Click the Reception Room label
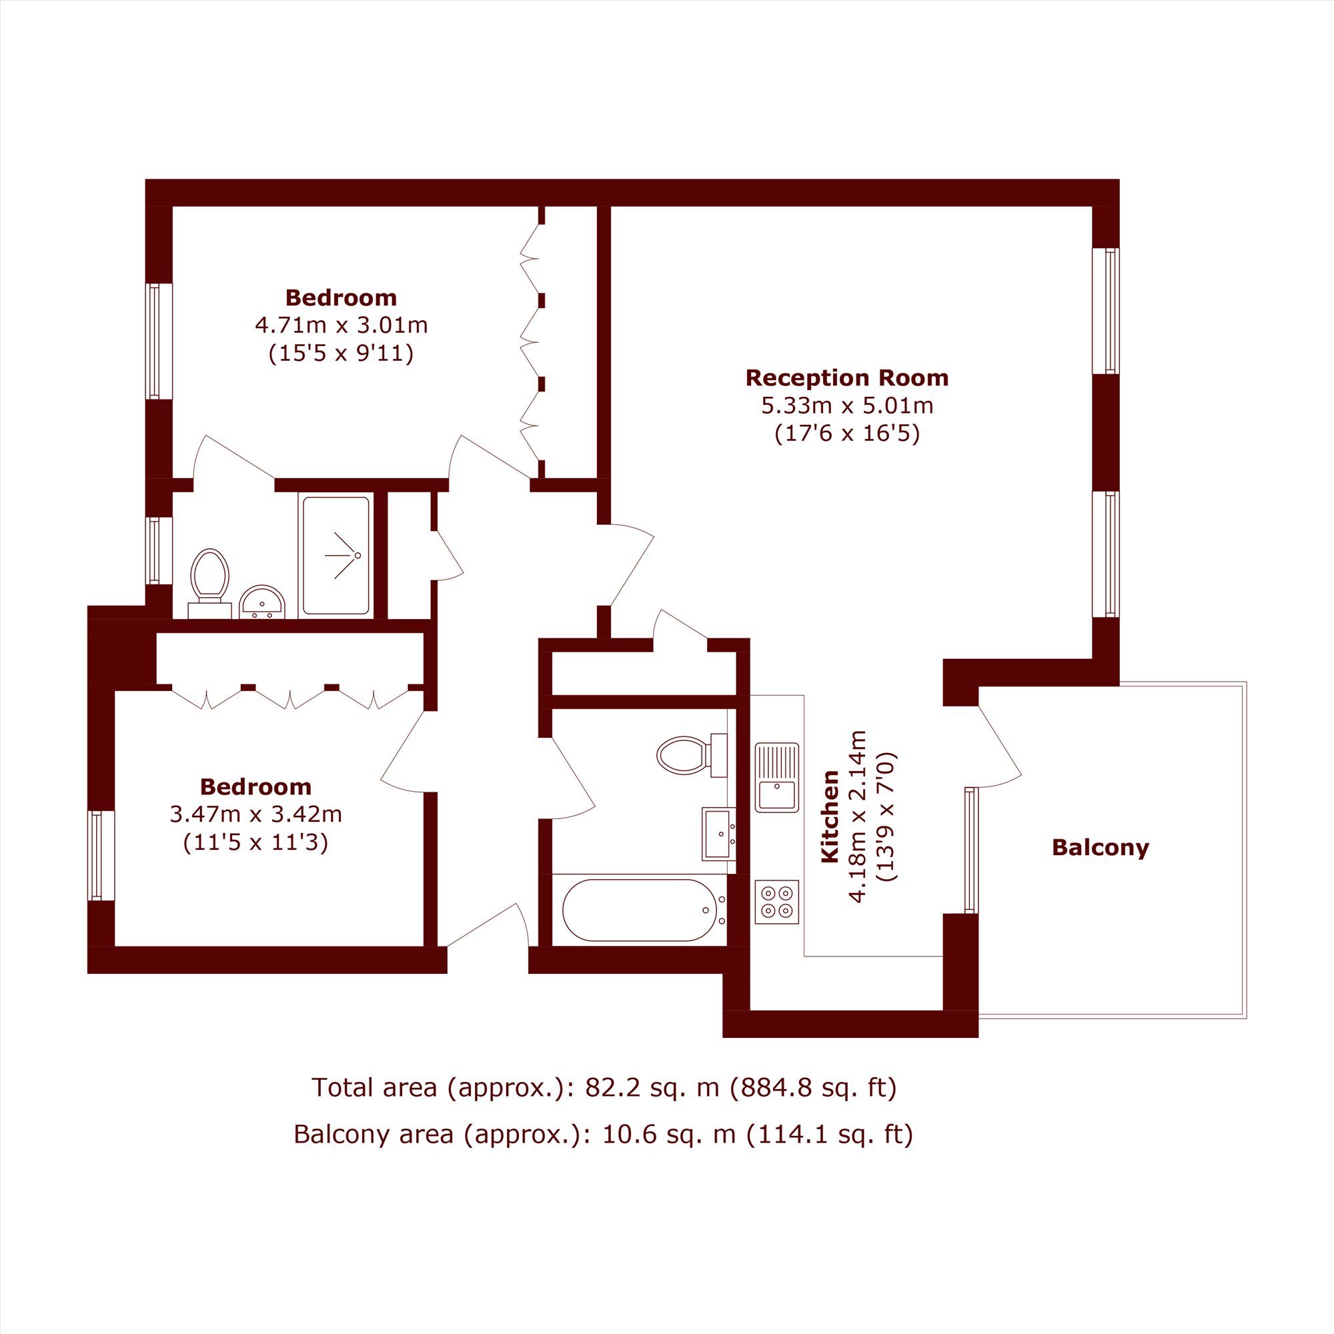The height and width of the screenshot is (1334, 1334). [x=846, y=378]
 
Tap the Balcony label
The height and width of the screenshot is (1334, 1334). [x=1100, y=848]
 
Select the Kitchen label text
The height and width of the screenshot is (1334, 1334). [x=829, y=816]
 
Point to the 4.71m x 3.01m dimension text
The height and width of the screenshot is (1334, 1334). [x=341, y=325]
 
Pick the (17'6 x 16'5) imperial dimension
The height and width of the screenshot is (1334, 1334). [x=847, y=434]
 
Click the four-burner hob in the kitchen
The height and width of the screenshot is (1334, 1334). [x=777, y=902]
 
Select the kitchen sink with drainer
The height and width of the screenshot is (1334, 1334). [x=777, y=778]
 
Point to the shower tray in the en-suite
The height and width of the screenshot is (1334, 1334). [x=336, y=556]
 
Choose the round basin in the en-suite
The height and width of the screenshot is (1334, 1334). [x=261, y=603]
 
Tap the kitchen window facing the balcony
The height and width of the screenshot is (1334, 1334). [x=970, y=850]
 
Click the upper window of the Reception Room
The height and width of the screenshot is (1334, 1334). [x=1105, y=311]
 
